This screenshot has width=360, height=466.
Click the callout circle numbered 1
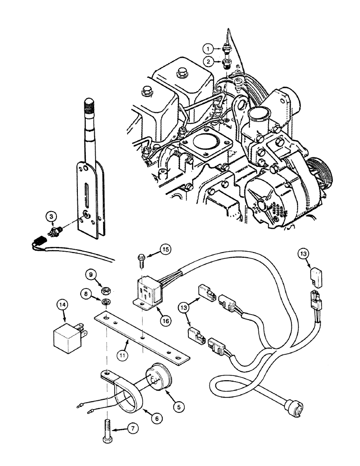pos(208,48)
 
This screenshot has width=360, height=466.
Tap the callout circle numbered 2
pos(208,61)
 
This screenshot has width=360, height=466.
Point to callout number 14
pos(62,306)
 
